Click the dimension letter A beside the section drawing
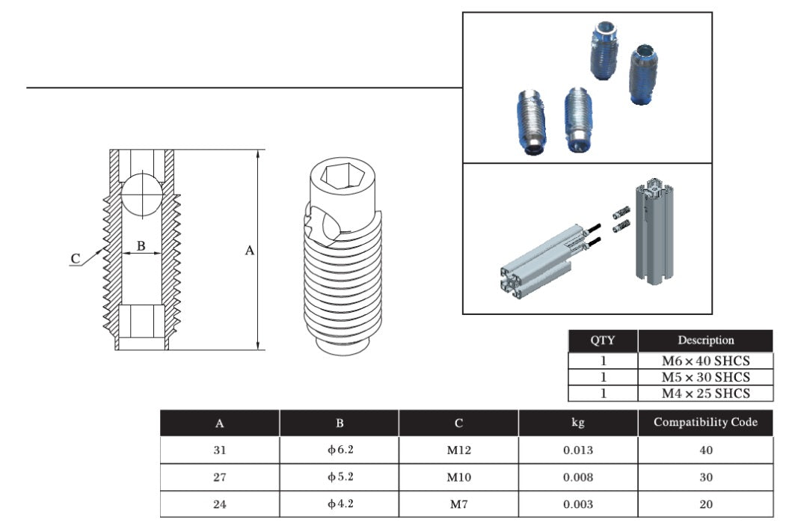tap(250, 251)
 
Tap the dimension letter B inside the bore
tap(141, 246)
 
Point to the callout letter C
tap(76, 259)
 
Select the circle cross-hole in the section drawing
tap(141, 194)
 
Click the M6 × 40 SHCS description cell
tap(705, 360)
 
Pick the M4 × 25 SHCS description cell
tap(705, 393)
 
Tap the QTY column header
tap(603, 340)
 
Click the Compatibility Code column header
tap(705, 423)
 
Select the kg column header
tap(577, 423)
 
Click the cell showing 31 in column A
tap(220, 450)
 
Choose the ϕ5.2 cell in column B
tap(340, 477)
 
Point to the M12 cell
tap(458, 450)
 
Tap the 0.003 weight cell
tap(577, 504)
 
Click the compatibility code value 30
tap(705, 477)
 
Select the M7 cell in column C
tap(458, 504)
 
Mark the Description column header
tap(705, 340)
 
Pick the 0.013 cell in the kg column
tap(577, 450)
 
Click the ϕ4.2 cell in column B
tap(340, 504)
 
